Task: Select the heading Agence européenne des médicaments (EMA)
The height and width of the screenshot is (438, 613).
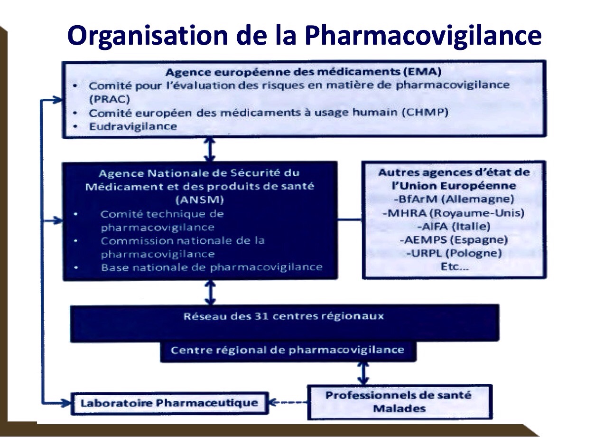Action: pos(304,73)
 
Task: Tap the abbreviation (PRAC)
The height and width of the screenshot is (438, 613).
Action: pos(109,99)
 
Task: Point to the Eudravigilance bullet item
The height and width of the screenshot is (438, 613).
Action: pos(133,126)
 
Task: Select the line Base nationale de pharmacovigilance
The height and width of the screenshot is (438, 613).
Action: pos(212,267)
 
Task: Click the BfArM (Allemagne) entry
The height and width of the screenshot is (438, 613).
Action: pos(454,199)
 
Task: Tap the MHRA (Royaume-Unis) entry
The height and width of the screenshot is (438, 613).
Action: pos(454,213)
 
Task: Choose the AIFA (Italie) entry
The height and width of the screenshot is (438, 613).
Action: pos(454,226)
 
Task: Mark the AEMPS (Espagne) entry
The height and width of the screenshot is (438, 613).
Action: pos(454,239)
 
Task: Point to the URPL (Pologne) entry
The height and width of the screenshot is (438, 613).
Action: pos(454,253)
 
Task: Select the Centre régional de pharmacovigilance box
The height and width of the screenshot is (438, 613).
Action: pos(287,351)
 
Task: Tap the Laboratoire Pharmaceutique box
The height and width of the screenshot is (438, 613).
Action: pos(169,403)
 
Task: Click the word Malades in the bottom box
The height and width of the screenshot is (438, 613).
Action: pos(399,408)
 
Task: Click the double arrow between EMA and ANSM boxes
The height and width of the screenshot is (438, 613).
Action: pos(211,149)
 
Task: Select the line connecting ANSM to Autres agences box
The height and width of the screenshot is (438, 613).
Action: pos(350,220)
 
